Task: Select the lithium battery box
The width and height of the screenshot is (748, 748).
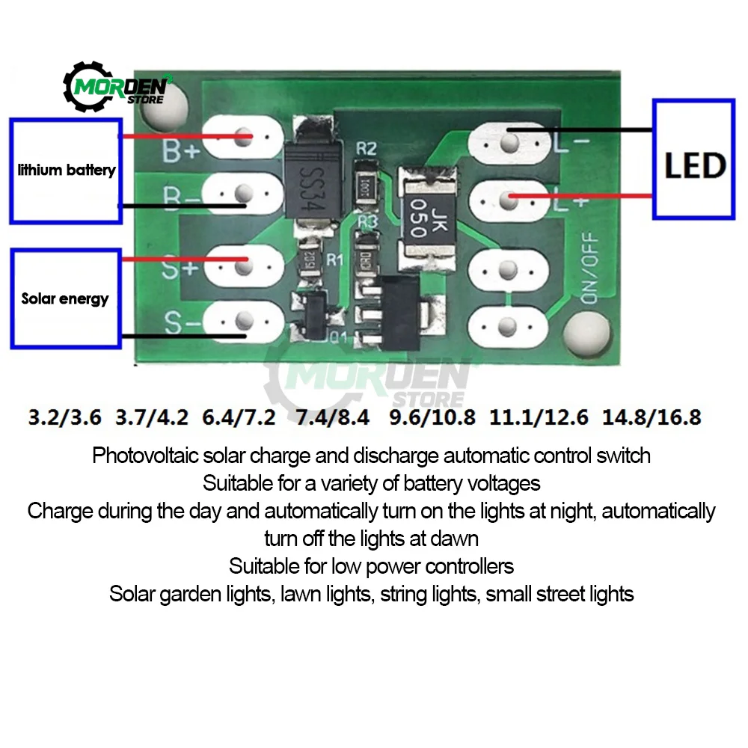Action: tap(66, 170)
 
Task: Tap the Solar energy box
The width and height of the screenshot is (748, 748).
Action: tap(66, 298)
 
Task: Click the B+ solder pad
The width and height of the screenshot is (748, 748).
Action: tap(241, 138)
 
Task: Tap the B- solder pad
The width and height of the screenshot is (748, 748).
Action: tap(241, 195)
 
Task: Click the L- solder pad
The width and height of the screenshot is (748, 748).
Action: tap(511, 141)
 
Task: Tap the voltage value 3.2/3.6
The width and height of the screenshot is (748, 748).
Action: tap(64, 417)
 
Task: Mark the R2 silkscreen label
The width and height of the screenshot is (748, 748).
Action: tap(366, 148)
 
